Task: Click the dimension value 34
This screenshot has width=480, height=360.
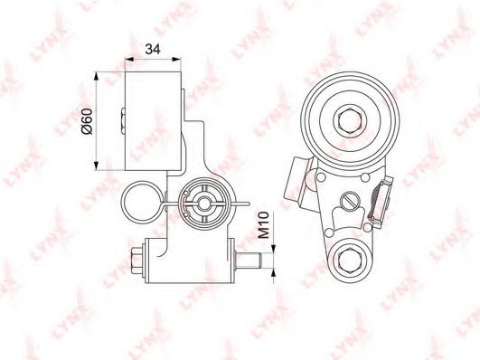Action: [153, 50]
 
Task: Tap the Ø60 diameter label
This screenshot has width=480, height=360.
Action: [87, 120]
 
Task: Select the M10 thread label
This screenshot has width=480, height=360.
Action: [263, 225]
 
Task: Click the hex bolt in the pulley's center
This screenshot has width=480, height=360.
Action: [350, 121]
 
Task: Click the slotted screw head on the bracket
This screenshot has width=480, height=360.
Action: [349, 202]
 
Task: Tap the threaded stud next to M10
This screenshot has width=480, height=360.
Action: [248, 261]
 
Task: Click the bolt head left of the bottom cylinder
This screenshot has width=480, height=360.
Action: [137, 261]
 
